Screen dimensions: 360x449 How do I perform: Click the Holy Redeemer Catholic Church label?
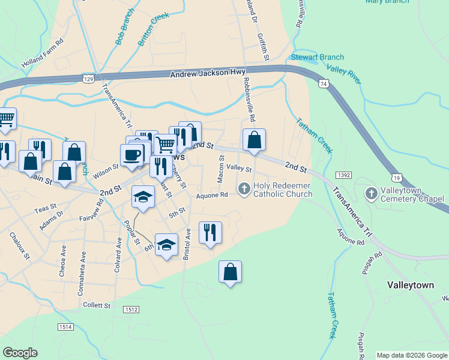(283, 190)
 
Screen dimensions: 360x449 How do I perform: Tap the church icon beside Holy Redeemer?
(244, 190)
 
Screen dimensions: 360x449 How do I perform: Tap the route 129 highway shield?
(89, 79)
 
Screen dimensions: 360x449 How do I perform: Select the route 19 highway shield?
(396, 178)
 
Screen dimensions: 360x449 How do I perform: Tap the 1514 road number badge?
(66, 326)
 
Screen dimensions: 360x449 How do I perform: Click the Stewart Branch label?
(318, 58)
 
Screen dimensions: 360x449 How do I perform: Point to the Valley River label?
(345, 74)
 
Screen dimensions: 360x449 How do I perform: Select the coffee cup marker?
(132, 155)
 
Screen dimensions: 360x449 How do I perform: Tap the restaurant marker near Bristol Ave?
(210, 232)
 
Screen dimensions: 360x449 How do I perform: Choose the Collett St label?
(97, 305)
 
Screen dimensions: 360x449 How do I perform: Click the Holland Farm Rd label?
(42, 53)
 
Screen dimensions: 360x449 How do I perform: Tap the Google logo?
(20, 353)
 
